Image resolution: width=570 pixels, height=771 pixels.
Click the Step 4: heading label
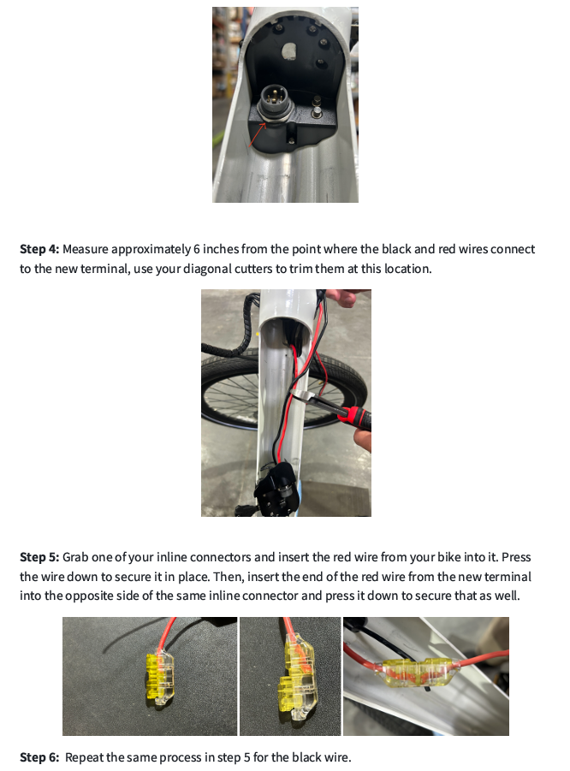(x=39, y=249)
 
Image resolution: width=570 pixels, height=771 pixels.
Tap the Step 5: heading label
(x=39, y=557)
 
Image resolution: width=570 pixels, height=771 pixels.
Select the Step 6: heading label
(x=39, y=757)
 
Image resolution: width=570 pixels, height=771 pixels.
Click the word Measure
(x=87, y=249)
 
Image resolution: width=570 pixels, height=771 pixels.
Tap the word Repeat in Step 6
(x=85, y=757)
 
